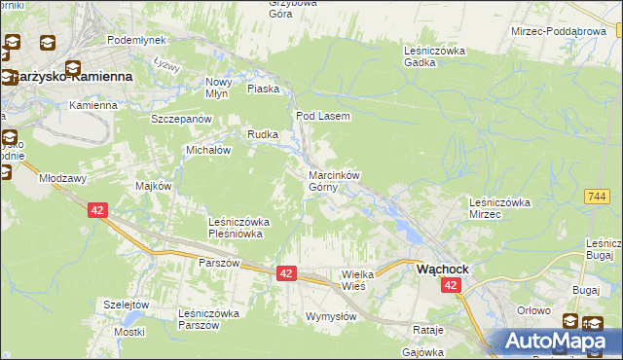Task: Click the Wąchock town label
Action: [x=443, y=268]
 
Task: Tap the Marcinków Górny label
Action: [x=334, y=181]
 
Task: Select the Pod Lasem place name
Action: [x=322, y=116]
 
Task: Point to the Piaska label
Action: [x=264, y=89]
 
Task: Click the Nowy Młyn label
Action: [x=218, y=89]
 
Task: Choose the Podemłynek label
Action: [x=136, y=40]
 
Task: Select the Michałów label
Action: [x=207, y=151]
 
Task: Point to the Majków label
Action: [x=154, y=186]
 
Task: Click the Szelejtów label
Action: [x=127, y=305]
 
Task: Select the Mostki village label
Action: [x=128, y=333]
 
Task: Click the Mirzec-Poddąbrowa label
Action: [x=559, y=31]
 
